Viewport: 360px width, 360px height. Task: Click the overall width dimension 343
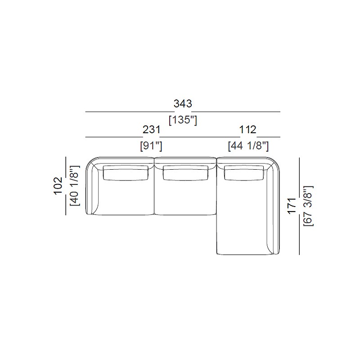[x=183, y=104]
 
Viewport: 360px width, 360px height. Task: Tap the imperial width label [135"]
[x=183, y=120]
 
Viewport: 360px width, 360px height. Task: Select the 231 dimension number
[x=151, y=130]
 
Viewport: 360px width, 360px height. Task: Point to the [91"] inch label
[x=151, y=146]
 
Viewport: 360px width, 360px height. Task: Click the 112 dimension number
[x=248, y=130]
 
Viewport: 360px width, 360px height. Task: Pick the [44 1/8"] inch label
[x=248, y=146]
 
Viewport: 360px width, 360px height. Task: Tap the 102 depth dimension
[x=58, y=186]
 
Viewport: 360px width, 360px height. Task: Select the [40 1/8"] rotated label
[x=75, y=185]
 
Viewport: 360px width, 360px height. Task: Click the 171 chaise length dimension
[x=292, y=206]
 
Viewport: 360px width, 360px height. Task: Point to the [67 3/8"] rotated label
[x=308, y=206]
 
